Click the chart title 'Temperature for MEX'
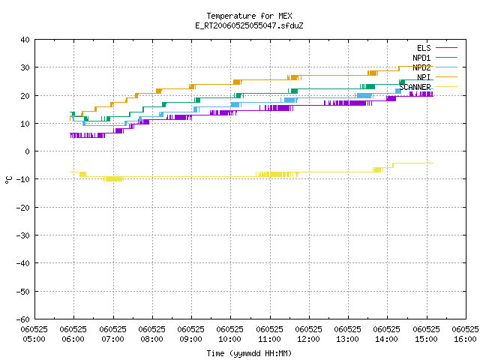(249, 16)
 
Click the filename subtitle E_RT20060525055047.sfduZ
(249, 25)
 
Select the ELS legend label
(424, 48)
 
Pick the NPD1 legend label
(421, 58)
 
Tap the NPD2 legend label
(421, 67)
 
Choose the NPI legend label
(424, 77)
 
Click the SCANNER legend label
(415, 87)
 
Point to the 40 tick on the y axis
(25, 40)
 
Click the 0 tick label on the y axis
(28, 151)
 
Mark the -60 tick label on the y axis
(23, 319)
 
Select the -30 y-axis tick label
(23, 235)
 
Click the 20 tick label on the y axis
(25, 95)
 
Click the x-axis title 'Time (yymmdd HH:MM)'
(249, 353)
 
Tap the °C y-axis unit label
(9, 180)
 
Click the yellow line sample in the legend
(446, 87)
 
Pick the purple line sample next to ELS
(446, 48)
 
